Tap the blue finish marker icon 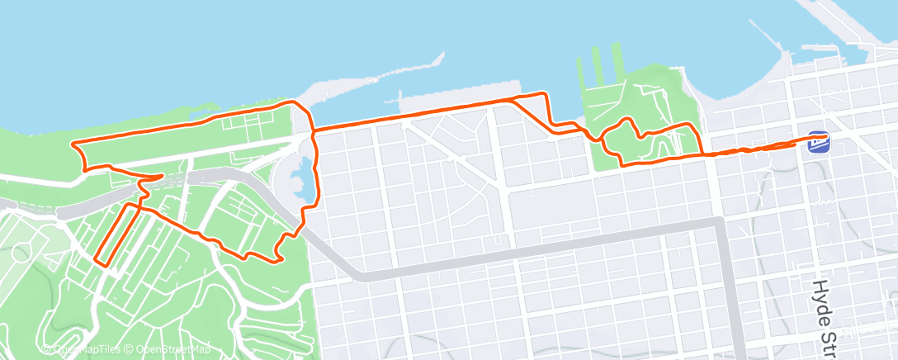coord(819,142)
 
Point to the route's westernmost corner coord(74,146)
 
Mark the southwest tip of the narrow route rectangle coord(99,261)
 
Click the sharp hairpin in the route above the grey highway coord(160,176)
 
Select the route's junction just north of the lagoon coord(313,131)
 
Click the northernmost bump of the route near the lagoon coord(291,102)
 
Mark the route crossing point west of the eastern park coord(588,134)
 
